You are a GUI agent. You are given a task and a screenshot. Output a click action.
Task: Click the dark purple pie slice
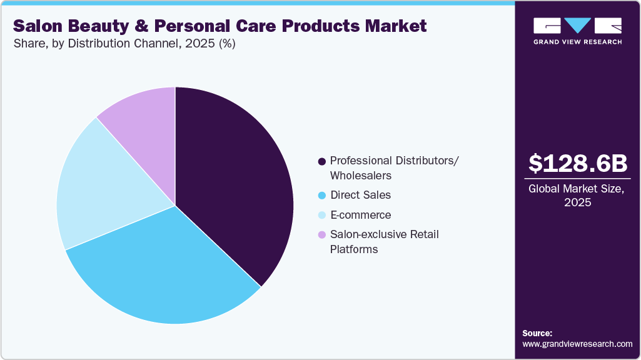tap(238, 181)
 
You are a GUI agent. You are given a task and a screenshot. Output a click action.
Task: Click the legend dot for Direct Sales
tap(322, 196)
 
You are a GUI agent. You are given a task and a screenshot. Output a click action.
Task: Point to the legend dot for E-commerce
tap(322, 216)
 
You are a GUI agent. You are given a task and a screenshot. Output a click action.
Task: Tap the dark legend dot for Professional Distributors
tap(322, 161)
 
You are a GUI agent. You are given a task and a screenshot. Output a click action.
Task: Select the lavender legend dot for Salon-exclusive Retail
tap(322, 235)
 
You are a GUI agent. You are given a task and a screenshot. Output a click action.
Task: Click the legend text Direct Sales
tap(360, 195)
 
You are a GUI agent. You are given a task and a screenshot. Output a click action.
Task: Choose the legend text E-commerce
tap(360, 215)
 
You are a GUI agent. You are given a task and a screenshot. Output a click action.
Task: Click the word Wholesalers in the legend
tap(361, 176)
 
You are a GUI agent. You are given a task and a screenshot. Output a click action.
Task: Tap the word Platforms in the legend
tap(354, 249)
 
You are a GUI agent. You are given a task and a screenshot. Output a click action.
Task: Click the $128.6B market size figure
tap(577, 163)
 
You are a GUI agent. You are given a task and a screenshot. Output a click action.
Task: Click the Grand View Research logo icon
tap(577, 26)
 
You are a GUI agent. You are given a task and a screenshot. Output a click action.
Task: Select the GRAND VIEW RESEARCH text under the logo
tap(577, 42)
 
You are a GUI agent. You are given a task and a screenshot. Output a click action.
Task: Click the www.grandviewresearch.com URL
tap(577, 344)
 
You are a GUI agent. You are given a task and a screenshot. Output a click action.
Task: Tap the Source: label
tap(537, 333)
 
